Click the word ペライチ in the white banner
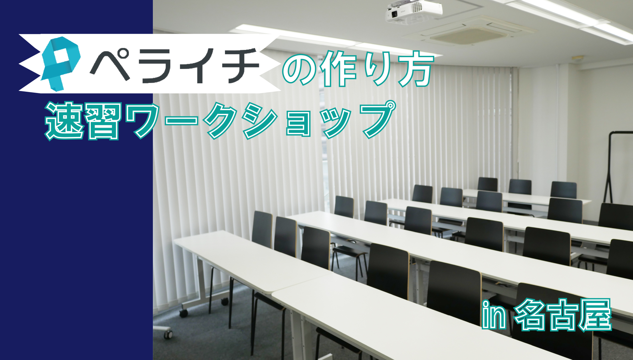pos(174,66)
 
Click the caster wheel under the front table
pos(184,312)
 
